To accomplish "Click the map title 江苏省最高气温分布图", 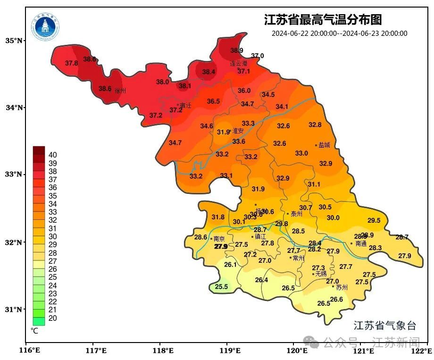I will coord(323,20).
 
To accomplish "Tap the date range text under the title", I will coord(339,33).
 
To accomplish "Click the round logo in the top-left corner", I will coord(46,27).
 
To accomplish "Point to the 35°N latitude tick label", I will coord(14,41).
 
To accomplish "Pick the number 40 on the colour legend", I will coord(53,155).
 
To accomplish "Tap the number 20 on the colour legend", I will coord(53,318).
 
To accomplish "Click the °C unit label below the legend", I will coord(34,331).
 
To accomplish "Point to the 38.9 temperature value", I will coord(237,50).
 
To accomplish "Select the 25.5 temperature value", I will coord(221,286).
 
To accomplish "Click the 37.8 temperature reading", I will coord(71,63).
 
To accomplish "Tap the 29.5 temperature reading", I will coord(374,220).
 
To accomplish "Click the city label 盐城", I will coord(325,145).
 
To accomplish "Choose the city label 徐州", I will coord(120,91).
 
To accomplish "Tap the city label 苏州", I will coord(342,287).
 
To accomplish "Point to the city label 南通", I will coord(361,244).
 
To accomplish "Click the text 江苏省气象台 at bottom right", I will coord(385,326).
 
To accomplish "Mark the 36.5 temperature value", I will coord(213,101).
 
